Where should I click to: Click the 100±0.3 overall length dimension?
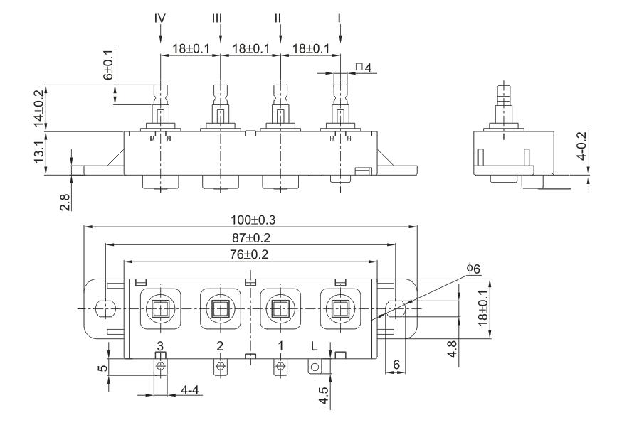pos(250,219)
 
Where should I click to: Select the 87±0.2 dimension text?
pos(250,237)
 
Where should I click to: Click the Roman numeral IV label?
pos(161,16)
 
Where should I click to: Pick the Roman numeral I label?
pos(341,16)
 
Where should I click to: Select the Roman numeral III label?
pos(221,16)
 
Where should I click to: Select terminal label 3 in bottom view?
pos(161,345)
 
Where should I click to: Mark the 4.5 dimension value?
pos(324,395)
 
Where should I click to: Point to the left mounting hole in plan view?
pos(103,309)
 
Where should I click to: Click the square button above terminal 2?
pos(218,308)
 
